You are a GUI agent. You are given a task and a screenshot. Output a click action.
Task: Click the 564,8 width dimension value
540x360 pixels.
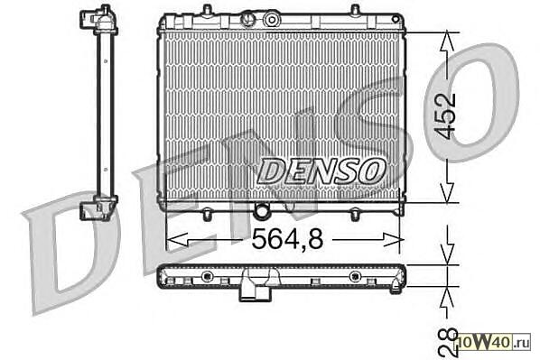pos(287,239)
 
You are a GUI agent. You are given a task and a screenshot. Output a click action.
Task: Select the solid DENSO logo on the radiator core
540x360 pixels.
pos(321,171)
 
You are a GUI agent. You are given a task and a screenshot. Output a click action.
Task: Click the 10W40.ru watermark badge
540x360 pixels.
pos(494,342)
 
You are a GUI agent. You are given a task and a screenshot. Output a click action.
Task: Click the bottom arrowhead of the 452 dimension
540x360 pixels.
pos(447,192)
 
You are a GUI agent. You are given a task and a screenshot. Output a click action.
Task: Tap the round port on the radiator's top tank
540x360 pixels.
pos(272,20)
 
